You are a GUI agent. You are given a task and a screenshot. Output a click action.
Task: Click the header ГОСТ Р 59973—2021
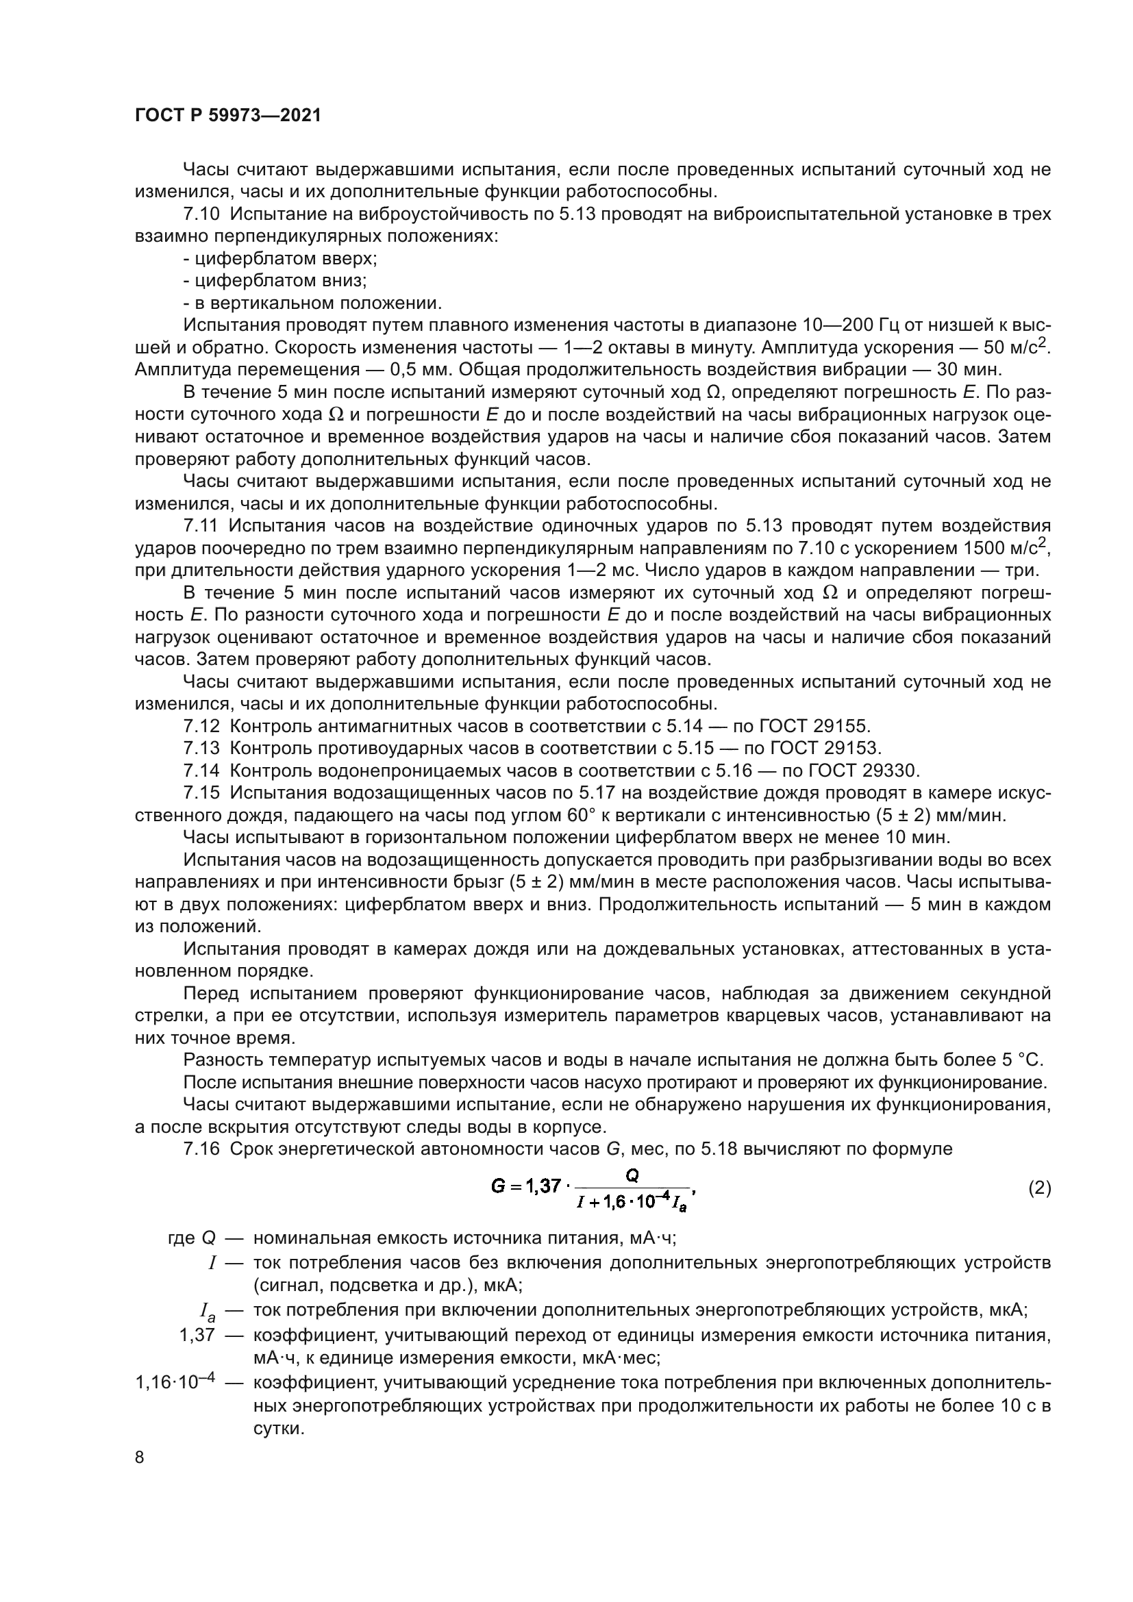(x=227, y=116)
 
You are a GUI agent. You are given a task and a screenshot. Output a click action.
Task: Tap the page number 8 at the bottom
(x=140, y=1457)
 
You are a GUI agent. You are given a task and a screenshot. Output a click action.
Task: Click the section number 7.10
(x=202, y=215)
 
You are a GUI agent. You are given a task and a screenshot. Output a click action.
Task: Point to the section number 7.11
(x=202, y=525)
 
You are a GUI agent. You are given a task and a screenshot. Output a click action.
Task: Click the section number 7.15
(x=202, y=793)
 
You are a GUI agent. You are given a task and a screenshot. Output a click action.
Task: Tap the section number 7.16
(x=202, y=1149)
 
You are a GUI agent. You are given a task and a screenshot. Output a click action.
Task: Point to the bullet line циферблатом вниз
(x=275, y=281)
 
